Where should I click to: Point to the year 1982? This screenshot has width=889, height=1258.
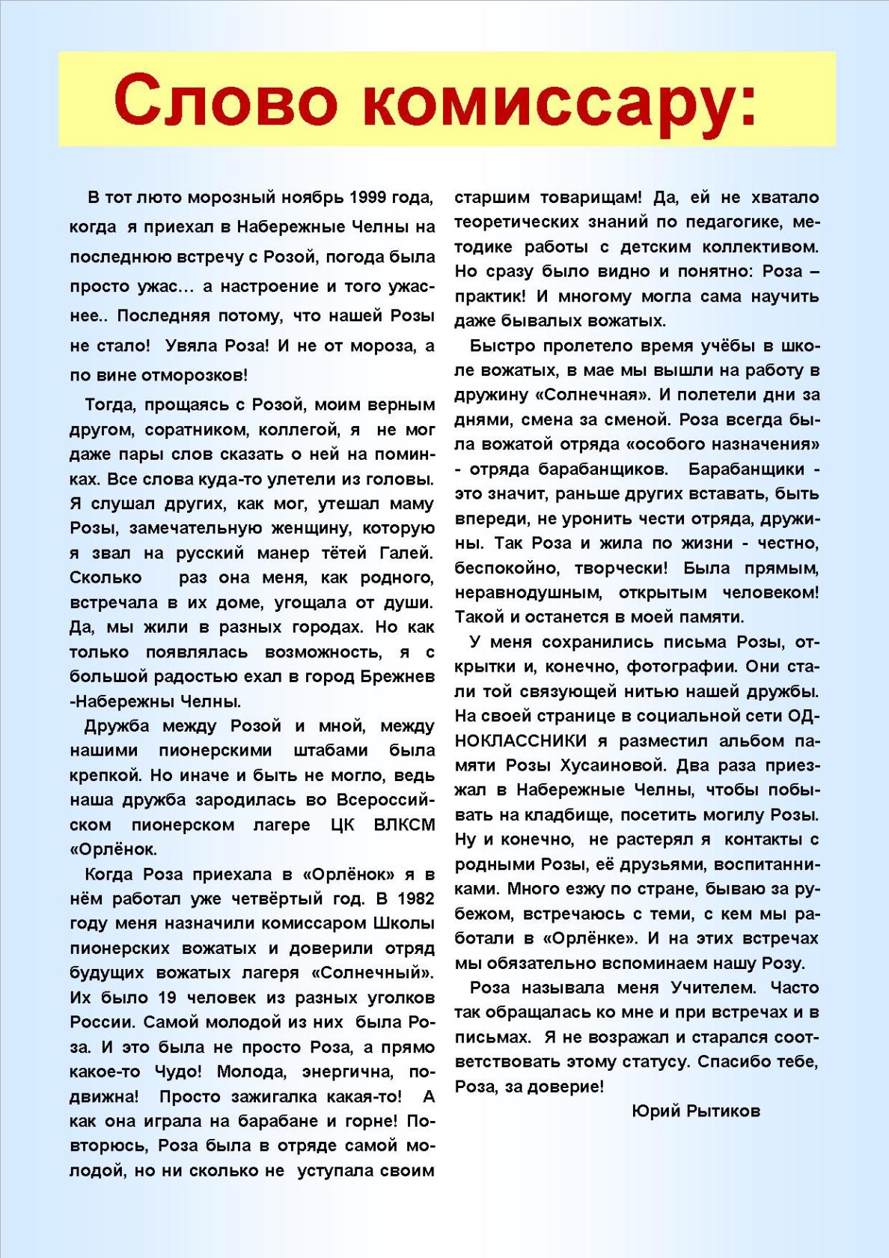pos(415,899)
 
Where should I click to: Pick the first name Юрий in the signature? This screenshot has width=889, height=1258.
pos(656,1110)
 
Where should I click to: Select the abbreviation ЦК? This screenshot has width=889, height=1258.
pos(343,824)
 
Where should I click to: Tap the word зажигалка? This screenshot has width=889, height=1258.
pos(298,1096)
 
